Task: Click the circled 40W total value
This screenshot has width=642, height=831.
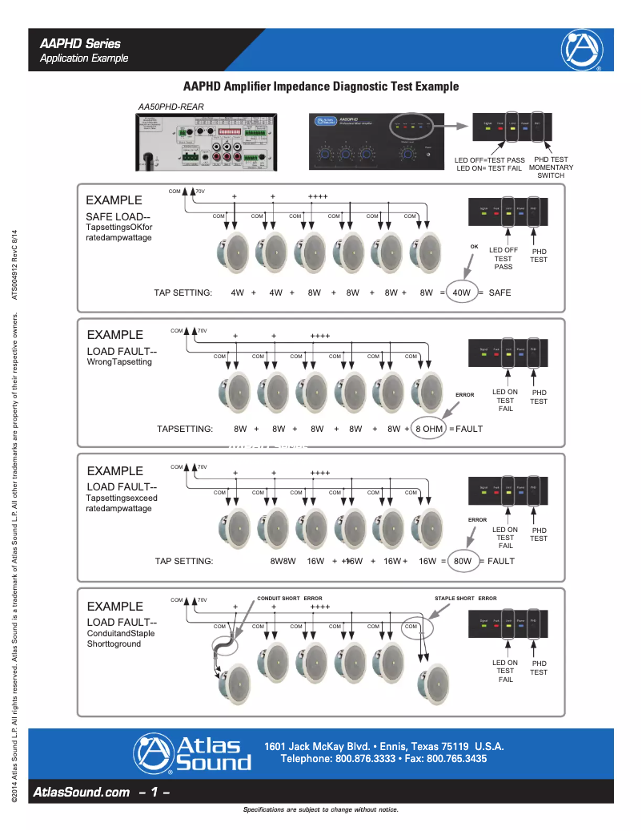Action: (x=461, y=292)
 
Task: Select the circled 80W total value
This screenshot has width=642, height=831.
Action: (x=462, y=561)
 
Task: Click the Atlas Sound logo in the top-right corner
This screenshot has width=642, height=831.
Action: (x=582, y=50)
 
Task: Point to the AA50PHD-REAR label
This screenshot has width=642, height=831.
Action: (x=170, y=107)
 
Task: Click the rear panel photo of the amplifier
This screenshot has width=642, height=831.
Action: (x=206, y=142)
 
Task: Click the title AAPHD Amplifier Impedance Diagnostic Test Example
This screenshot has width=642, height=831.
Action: (x=321, y=87)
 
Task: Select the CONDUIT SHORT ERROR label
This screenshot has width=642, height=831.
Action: (x=290, y=599)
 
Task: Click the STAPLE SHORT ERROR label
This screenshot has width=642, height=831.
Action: (x=466, y=599)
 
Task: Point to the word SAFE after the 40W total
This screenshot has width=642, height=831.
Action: (x=500, y=292)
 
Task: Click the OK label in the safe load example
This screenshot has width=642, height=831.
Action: (x=474, y=247)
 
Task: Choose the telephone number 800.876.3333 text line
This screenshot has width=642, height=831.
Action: (x=383, y=758)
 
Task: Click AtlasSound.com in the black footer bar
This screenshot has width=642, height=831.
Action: (x=82, y=792)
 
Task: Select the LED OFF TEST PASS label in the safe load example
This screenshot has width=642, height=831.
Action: (x=504, y=258)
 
